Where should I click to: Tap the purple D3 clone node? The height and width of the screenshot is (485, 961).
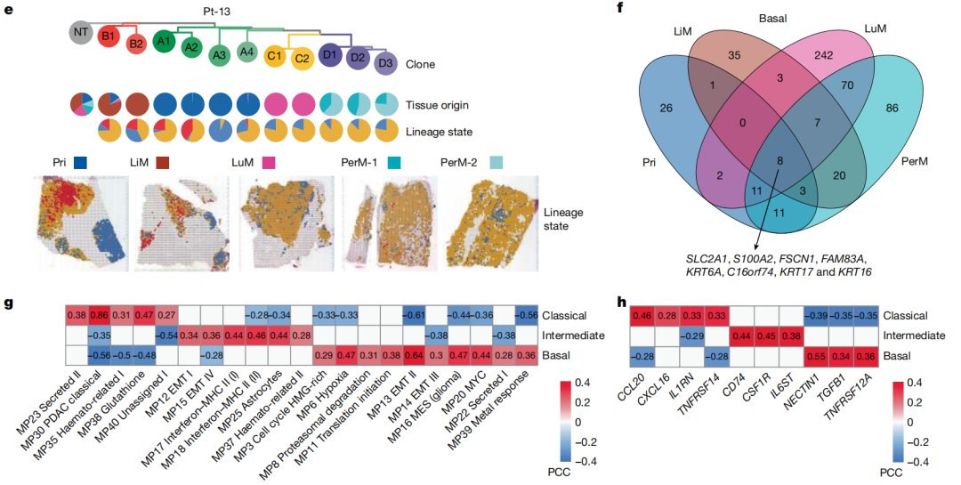point(385,63)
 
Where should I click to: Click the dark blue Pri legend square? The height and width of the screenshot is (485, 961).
point(79,163)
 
